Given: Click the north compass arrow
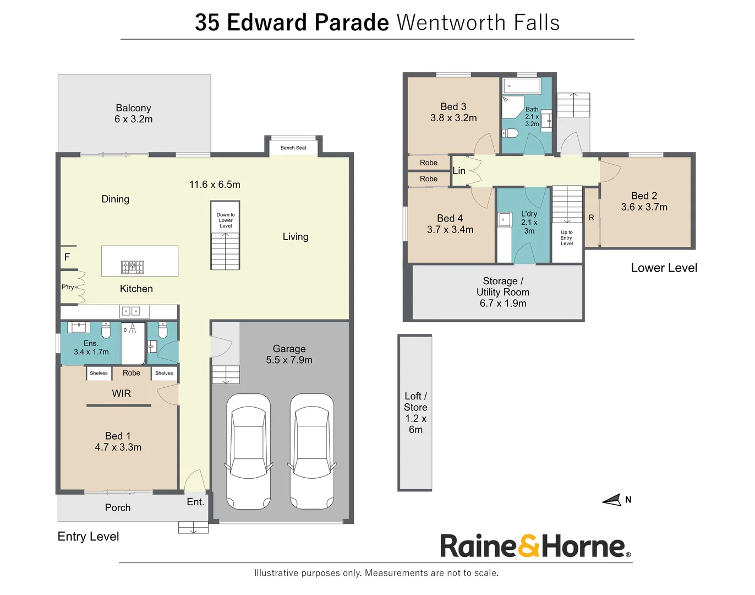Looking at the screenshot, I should point(612,500).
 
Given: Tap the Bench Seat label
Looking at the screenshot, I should point(293,148).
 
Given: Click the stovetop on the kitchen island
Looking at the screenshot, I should point(132,267).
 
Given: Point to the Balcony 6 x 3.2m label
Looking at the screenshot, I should point(133,113).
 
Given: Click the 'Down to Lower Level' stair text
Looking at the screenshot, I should point(225,220).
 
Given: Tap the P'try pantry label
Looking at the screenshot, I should point(68,287).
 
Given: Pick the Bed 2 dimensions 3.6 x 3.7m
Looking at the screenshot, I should point(644,207).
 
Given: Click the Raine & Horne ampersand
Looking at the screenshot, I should point(529,546).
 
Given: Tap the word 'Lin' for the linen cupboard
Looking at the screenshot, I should point(459,171).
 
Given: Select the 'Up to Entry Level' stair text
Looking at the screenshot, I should point(567,238).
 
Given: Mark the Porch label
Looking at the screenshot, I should point(118,507).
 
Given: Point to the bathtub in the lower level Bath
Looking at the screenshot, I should point(522,86).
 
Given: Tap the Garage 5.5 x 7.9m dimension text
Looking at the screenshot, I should point(289,360).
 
